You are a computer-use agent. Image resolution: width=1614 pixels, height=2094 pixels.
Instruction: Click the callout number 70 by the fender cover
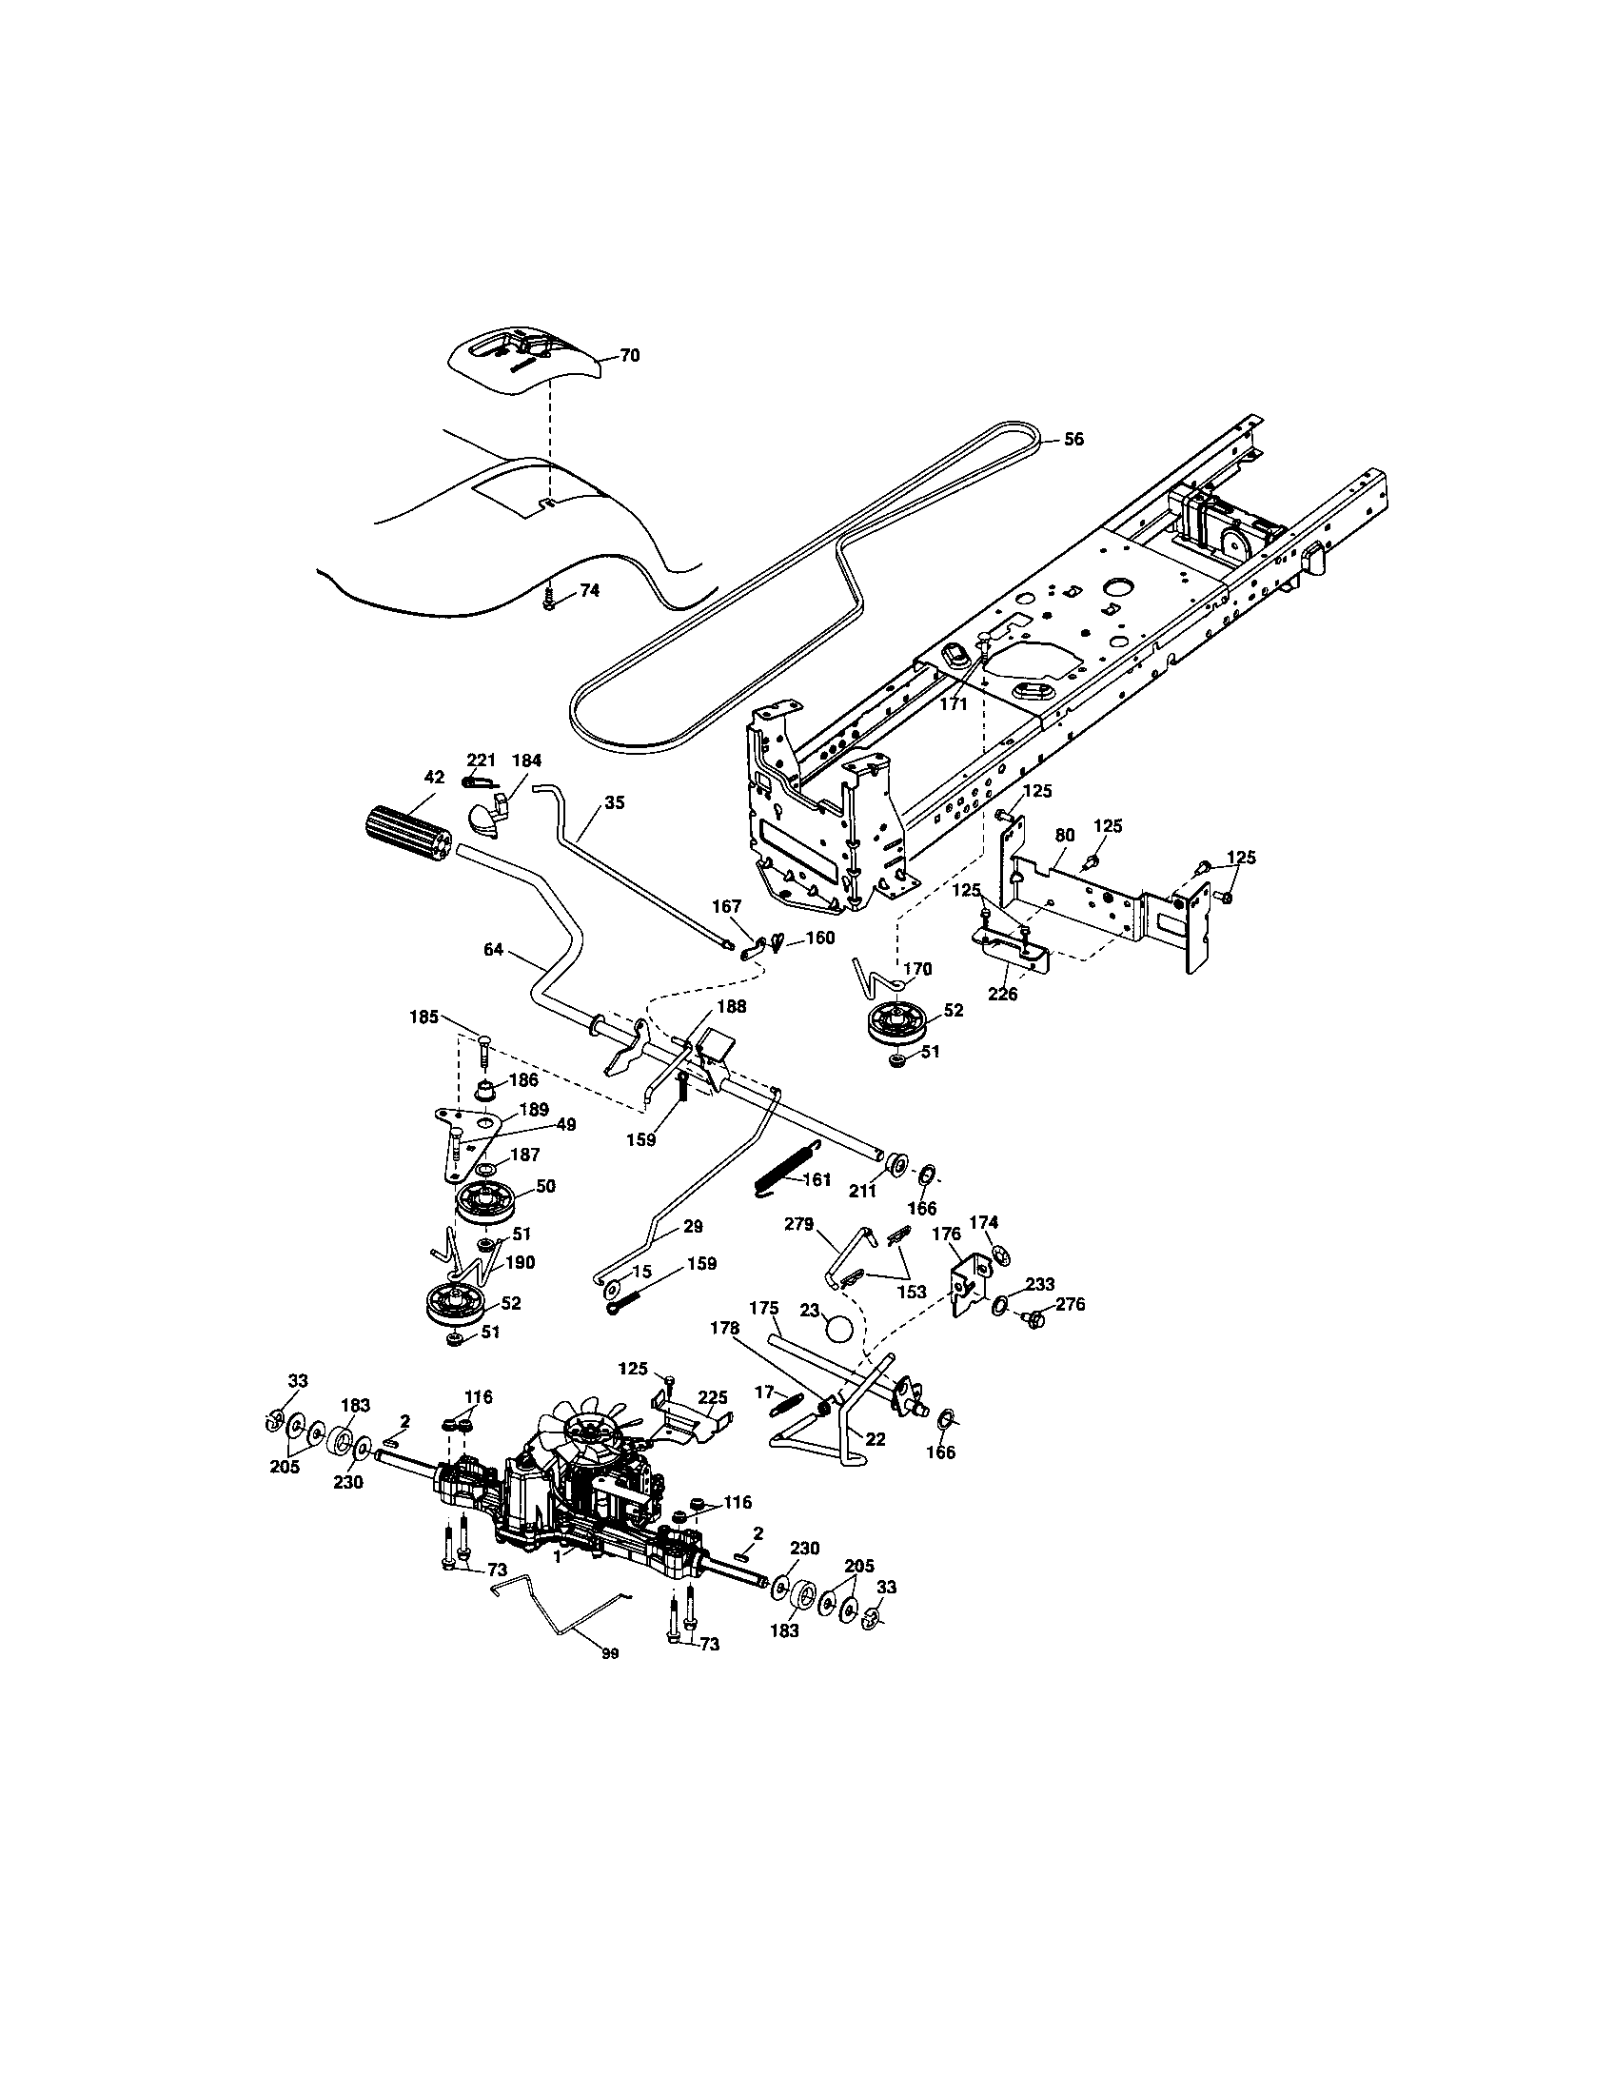coord(630,356)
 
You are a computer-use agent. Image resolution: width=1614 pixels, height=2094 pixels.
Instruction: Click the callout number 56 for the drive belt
coord(1074,438)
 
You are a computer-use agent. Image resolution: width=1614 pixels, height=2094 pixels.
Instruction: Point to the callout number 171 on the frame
coord(954,702)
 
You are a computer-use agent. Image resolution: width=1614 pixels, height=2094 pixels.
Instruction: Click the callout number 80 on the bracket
coord(1065,835)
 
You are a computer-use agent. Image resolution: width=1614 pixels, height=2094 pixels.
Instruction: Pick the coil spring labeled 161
coord(783,1171)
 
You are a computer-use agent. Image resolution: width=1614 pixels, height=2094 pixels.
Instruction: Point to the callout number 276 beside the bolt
coord(1071,1303)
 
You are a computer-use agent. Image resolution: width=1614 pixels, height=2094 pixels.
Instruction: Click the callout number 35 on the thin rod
coord(615,802)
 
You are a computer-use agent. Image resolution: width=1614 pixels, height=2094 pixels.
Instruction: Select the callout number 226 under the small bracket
coord(1003,995)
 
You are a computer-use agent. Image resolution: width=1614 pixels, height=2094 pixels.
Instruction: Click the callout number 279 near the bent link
coord(798,1224)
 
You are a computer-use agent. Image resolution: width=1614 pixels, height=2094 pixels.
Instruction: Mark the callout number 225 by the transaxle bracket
coord(712,1397)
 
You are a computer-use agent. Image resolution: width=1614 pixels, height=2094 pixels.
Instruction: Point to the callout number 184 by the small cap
coord(526,761)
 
